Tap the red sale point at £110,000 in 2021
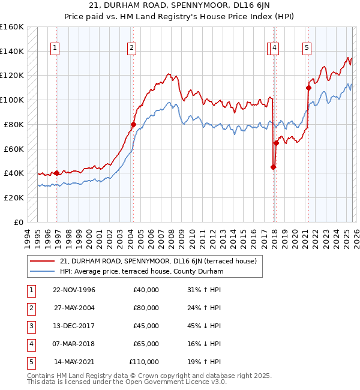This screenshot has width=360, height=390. pos(309,88)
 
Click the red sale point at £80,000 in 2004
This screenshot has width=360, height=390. pos(133,124)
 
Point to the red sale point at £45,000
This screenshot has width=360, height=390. pos(273,167)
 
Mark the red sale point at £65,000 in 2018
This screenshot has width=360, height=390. pos(276,143)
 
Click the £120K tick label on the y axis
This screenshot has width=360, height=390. pos(12,76)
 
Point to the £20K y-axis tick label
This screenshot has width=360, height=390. pos(14,197)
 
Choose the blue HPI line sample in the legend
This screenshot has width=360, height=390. pos(43,271)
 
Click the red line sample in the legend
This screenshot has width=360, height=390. pos(43,261)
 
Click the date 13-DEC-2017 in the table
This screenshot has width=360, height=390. pos(74,326)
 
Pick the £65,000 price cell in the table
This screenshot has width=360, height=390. pos(146,344)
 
